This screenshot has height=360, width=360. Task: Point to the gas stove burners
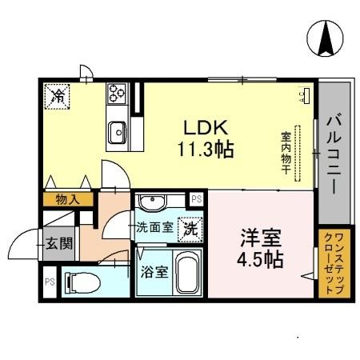(x=116, y=93)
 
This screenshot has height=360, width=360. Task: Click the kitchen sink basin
(x=118, y=127)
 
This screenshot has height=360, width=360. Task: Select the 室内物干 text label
(x=285, y=153)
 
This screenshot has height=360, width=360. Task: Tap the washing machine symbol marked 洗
(x=190, y=227)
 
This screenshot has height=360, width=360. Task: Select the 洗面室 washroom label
(x=154, y=227)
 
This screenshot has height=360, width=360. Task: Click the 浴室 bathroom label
(x=154, y=272)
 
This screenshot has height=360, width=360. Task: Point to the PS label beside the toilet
(x=49, y=282)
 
